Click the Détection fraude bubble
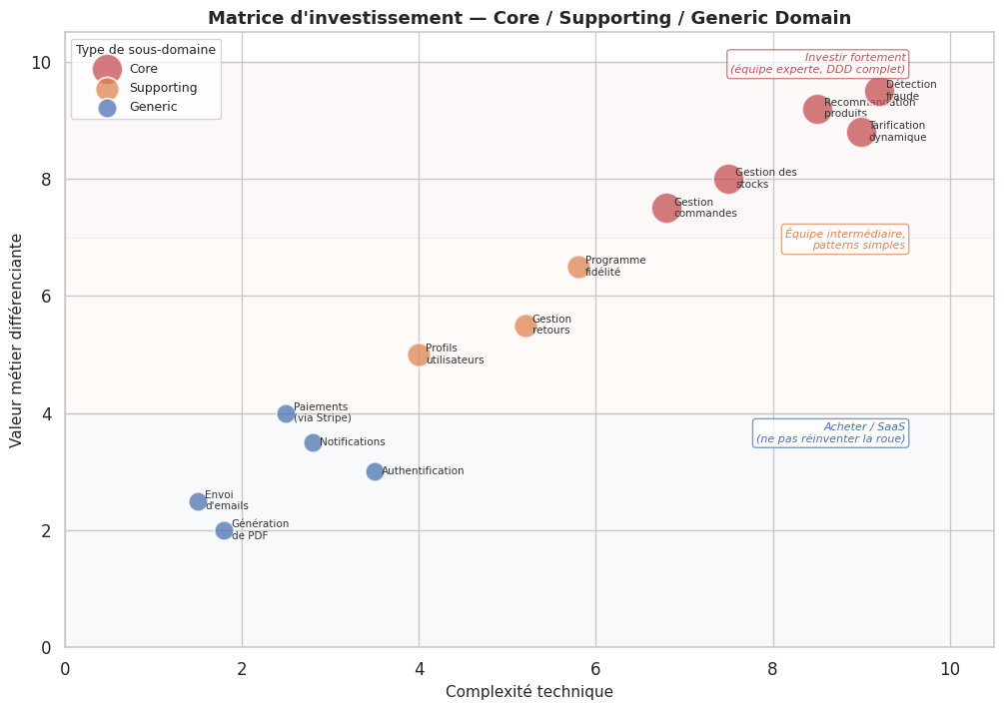879,92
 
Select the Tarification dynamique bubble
861,132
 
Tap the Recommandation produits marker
817,109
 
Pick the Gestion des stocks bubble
728,180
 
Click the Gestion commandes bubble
666,208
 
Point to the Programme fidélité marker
578,267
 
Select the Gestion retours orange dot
525,326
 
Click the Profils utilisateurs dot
419,355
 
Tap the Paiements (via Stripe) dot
286,413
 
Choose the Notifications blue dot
313,442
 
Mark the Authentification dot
375,471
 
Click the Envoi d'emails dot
198,501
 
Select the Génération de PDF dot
224,530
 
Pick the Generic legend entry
153,107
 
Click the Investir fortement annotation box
817,64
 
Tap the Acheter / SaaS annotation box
830,432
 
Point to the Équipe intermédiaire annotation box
845,240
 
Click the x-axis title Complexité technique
528,691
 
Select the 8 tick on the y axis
43,180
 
